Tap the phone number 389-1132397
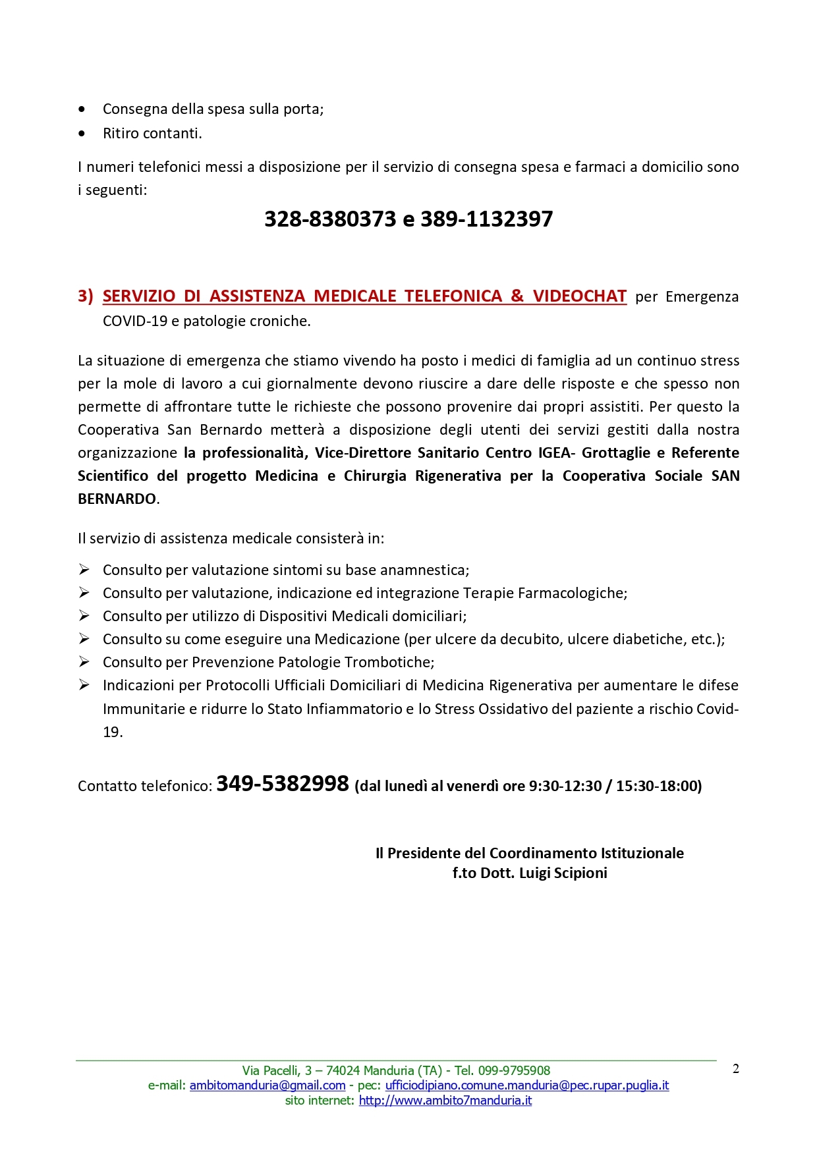pyautogui.click(x=487, y=219)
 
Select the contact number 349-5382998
pyautogui.click(x=283, y=784)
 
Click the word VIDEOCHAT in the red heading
pyautogui.click(x=580, y=296)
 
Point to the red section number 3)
pyautogui.click(x=86, y=296)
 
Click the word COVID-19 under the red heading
pyautogui.click(x=135, y=321)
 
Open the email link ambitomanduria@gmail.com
pyautogui.click(x=268, y=1086)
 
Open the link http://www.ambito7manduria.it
pyautogui.click(x=445, y=1101)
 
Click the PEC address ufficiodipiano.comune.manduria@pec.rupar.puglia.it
pyautogui.click(x=527, y=1086)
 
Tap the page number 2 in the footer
pyautogui.click(x=736, y=1069)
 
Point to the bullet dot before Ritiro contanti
pyautogui.click(x=82, y=134)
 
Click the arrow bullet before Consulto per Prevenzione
pyautogui.click(x=84, y=662)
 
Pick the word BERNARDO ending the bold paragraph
pyautogui.click(x=117, y=499)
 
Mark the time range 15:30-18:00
pyautogui.click(x=656, y=786)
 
